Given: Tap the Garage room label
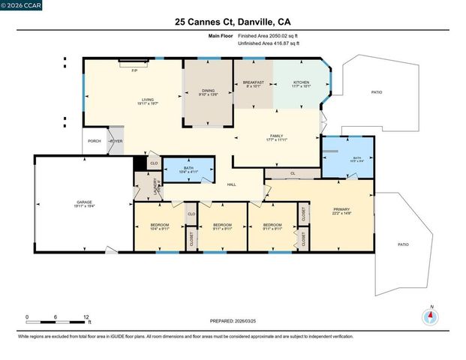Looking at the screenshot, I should (83, 203).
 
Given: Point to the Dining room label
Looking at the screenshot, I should (208, 91).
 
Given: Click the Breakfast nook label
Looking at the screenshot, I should (253, 83).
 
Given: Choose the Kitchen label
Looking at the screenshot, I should (301, 83).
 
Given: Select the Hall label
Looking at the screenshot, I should (232, 184).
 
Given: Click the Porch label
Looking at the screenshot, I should (94, 141).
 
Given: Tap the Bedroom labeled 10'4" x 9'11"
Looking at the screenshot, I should (159, 226).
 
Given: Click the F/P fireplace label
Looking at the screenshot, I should (134, 70).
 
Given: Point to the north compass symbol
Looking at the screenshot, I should (431, 316).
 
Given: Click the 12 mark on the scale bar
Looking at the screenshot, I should (87, 317).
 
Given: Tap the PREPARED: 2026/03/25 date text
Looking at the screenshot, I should (233, 320).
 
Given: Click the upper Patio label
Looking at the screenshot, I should (376, 91).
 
